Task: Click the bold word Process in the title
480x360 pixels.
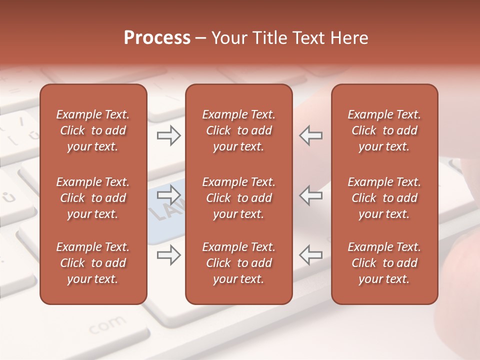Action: point(157,38)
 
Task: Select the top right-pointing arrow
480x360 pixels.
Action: point(168,135)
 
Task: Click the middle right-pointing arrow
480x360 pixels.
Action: point(168,195)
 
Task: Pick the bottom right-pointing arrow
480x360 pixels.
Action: point(168,255)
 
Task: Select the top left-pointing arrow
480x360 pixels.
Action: point(311,135)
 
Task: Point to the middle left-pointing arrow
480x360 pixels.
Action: point(311,195)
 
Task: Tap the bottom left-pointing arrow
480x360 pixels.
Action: point(311,255)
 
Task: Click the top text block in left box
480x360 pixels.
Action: point(93,130)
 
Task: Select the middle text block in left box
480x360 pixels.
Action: point(93,198)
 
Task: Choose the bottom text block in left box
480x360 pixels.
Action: point(93,263)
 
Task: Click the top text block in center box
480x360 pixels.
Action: point(238,130)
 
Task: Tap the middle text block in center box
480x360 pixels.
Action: point(238,198)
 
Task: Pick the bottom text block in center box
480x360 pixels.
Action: point(238,263)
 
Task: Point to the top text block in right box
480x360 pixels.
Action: point(384,130)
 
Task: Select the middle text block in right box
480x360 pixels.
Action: point(384,198)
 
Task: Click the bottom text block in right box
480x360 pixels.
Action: point(384,263)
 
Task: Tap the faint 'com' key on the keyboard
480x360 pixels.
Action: point(107,324)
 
